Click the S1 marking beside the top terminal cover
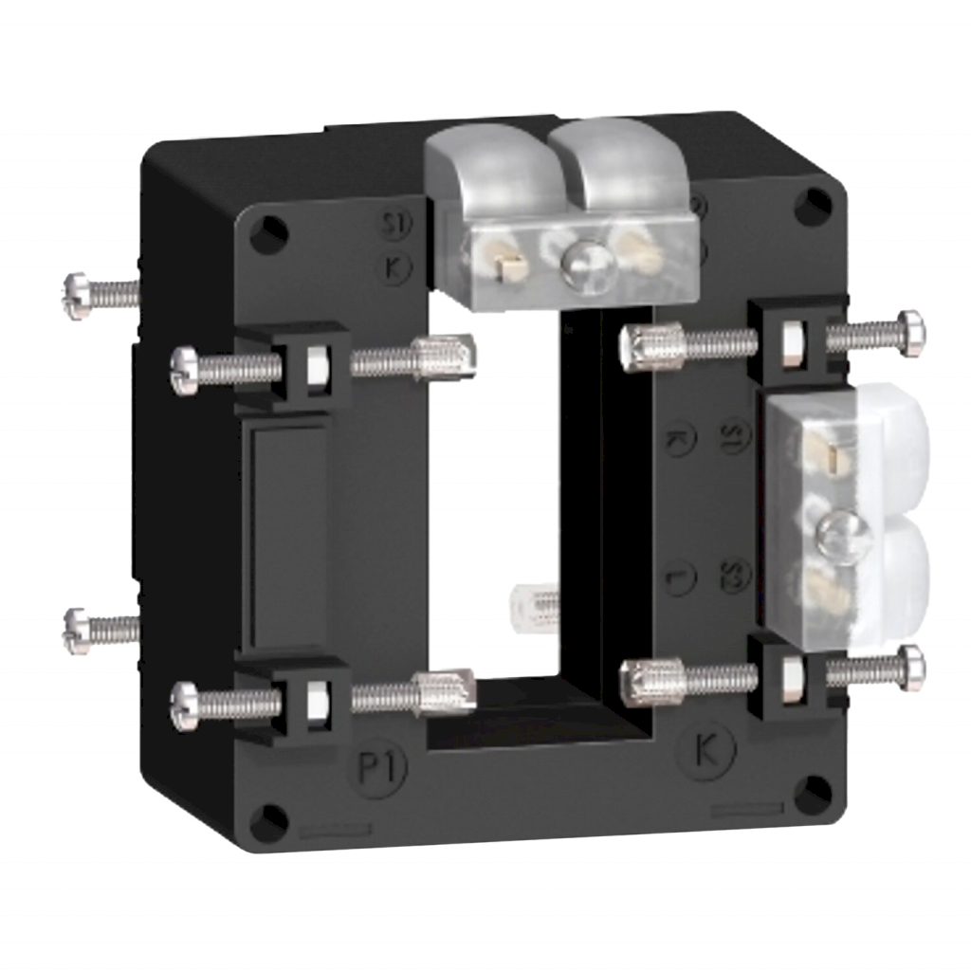point(390,228)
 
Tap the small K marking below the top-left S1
point(391,266)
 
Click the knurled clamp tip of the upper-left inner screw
point(450,356)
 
